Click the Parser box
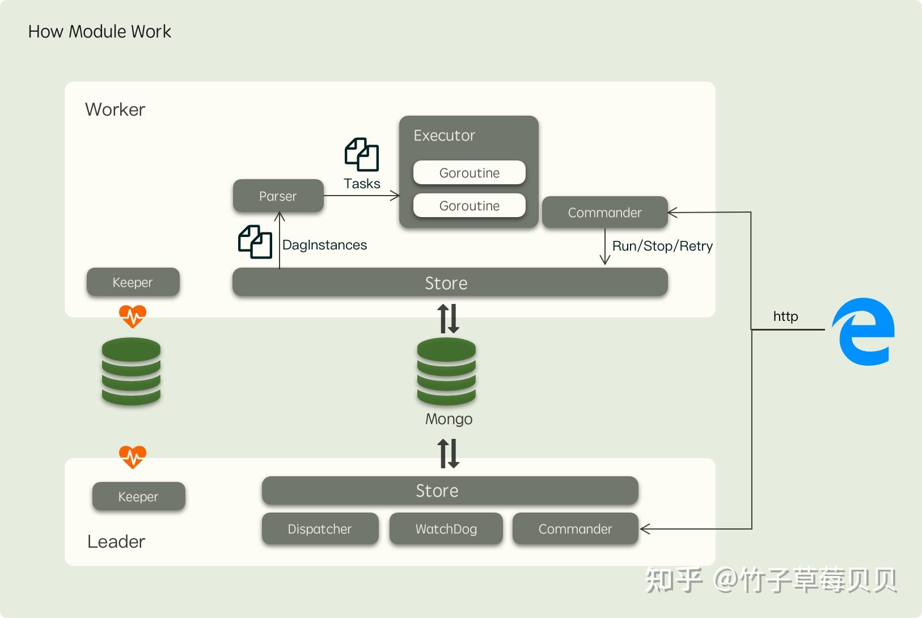pos(278,196)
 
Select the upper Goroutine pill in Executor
pos(469,173)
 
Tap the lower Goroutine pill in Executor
pos(469,206)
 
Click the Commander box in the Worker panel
pos(604,213)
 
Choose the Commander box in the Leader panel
pos(575,529)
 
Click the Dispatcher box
pos(320,529)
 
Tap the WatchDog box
pos(446,529)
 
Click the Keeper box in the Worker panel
pos(133,282)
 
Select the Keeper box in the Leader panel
pos(138,497)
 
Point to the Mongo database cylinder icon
pos(446,371)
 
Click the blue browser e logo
pos(864,332)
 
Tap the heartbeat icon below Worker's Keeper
pos(133,316)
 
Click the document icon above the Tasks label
pos(362,154)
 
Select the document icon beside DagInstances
pos(255,242)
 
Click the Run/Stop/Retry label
pos(662,246)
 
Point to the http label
pos(785,316)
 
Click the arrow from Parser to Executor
pos(361,196)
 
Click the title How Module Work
pos(100,32)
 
